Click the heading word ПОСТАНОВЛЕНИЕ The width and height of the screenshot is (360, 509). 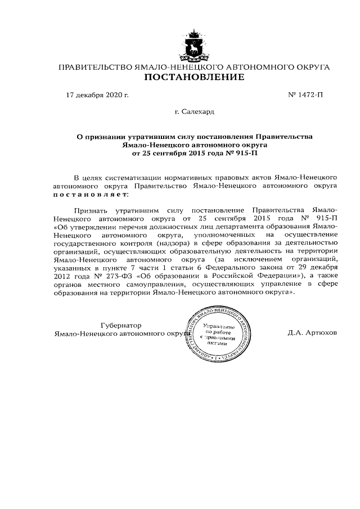(195, 77)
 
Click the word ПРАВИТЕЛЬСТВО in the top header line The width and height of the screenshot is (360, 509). (93, 67)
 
